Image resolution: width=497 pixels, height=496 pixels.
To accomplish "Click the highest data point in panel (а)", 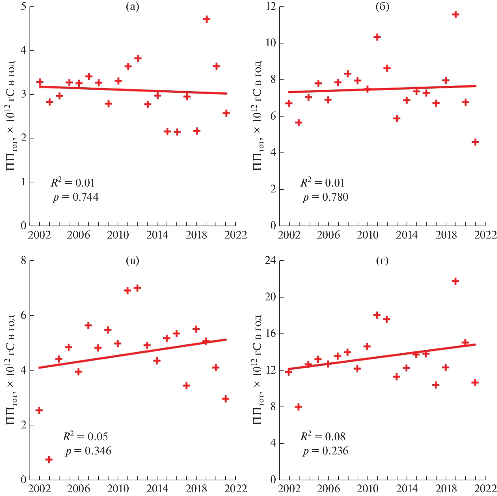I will pos(206,19).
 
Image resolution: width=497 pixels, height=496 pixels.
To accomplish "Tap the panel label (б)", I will pos(382,7).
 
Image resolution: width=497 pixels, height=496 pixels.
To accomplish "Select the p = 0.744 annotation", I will pos(76,197).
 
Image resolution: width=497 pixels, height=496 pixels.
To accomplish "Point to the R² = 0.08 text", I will pos(323,437).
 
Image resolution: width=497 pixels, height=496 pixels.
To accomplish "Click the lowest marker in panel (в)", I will pos(49,460).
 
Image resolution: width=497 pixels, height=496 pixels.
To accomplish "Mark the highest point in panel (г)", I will pos(455,281).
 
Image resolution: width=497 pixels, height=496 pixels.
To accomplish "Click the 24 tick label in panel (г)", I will pos(270,260).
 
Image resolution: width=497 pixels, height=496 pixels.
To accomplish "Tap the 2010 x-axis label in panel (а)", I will pos(118,235).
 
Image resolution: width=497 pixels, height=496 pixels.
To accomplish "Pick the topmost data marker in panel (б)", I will pos(455,14).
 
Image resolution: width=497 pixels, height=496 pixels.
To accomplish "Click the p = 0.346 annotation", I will pos(88,451).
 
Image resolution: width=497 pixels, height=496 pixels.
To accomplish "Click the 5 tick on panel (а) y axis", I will pos(23,6).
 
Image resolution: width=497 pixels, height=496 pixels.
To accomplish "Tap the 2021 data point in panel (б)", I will pos(475,142).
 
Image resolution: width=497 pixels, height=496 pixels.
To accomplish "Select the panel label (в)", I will pos(133,261).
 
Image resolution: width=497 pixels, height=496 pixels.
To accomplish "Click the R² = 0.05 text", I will pos(85,437).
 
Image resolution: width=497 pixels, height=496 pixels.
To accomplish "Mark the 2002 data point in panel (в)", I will pos(39,410).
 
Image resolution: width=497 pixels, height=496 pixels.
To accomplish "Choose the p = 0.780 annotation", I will pos(325,197).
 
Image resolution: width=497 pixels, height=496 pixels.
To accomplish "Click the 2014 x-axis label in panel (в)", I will pos(157,489).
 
